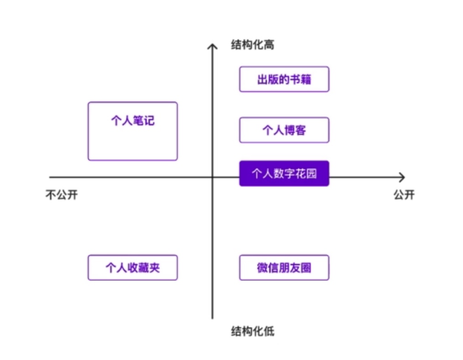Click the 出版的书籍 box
(284, 79)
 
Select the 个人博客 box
(284, 130)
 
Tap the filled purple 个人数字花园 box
(284, 174)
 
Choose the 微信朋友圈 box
(284, 267)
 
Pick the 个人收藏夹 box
(132, 267)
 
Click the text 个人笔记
(132, 121)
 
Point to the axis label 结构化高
(253, 45)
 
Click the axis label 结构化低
(253, 331)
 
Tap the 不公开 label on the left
(61, 195)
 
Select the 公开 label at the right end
(404, 195)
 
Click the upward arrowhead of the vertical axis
(212, 45)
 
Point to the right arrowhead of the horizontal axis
(402, 177)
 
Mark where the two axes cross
(212, 177)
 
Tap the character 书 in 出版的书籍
(295, 79)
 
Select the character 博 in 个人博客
(289, 130)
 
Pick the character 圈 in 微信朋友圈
(306, 267)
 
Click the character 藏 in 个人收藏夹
(143, 267)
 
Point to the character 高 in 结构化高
(269, 45)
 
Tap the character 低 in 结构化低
(269, 331)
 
